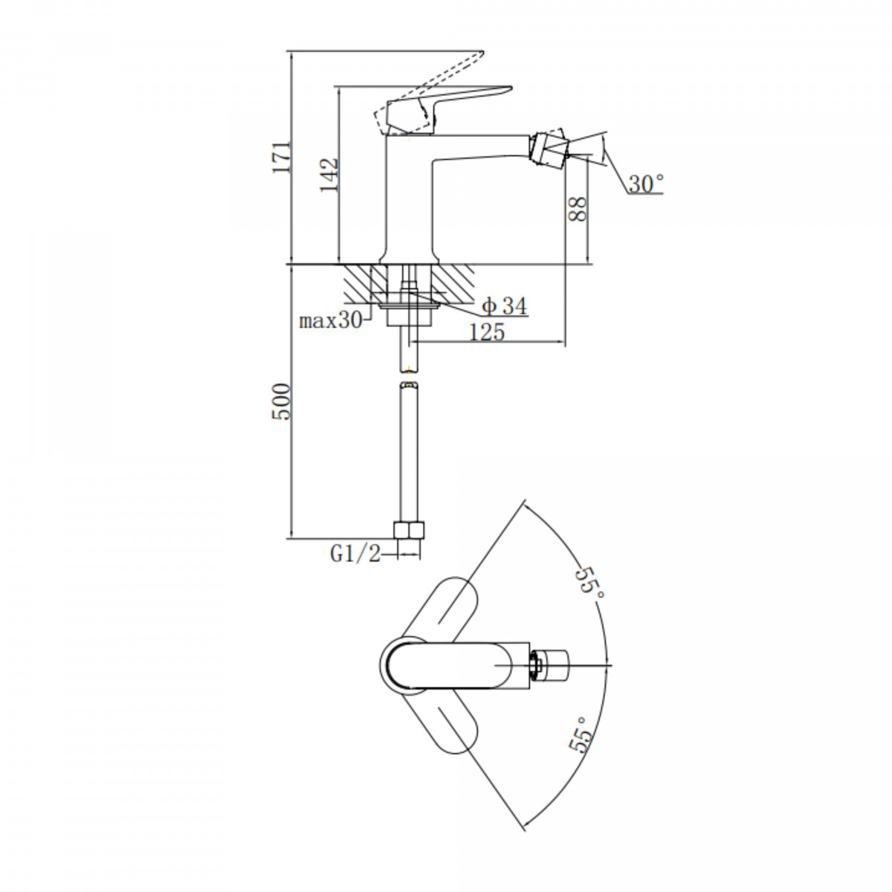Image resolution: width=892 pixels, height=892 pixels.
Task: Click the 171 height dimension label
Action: pyautogui.click(x=282, y=158)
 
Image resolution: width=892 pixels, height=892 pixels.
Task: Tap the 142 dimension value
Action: pyautogui.click(x=329, y=175)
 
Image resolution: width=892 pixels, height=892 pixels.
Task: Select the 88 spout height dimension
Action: pyautogui.click(x=578, y=209)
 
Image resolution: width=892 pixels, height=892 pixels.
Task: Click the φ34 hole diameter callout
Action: pyautogui.click(x=505, y=306)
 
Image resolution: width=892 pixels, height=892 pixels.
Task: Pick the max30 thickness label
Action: pyautogui.click(x=331, y=320)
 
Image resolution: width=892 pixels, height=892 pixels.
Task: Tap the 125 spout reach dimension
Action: pyautogui.click(x=487, y=332)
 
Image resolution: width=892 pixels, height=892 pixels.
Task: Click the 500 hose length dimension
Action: pyautogui.click(x=282, y=401)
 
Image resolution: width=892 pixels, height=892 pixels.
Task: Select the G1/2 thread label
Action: pyautogui.click(x=355, y=554)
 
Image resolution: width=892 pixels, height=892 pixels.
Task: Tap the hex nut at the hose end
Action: pyautogui.click(x=409, y=529)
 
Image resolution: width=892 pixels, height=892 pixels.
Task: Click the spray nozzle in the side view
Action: pyautogui.click(x=549, y=147)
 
